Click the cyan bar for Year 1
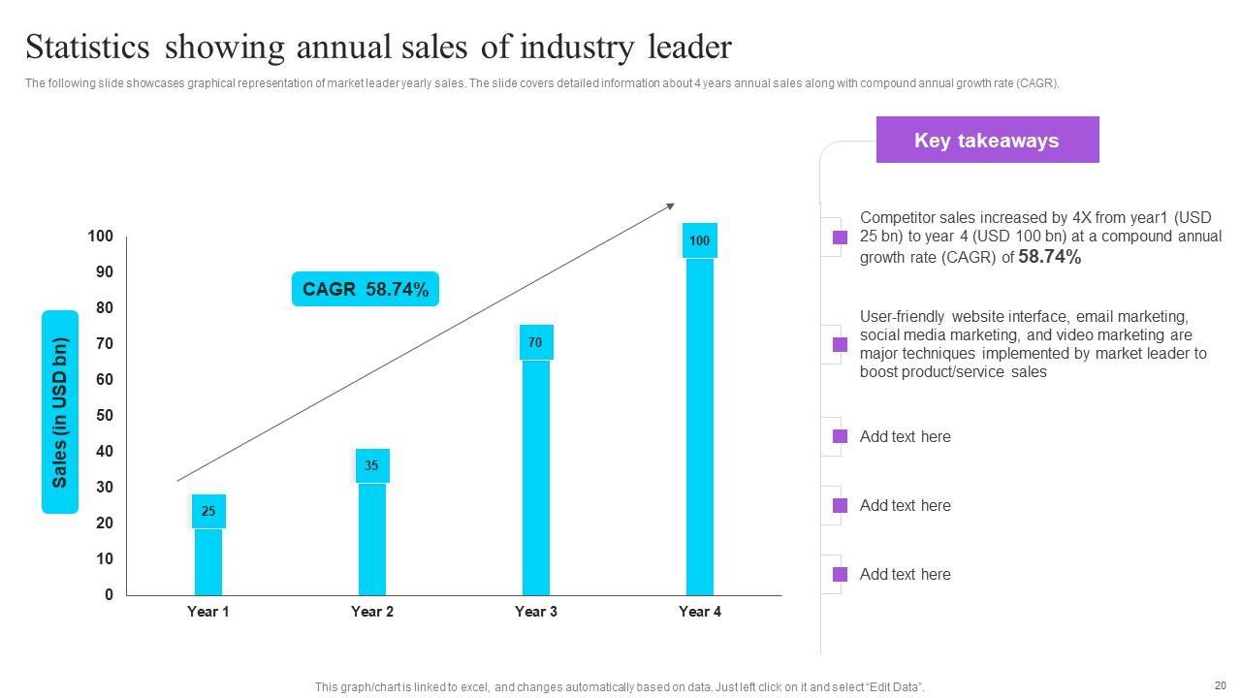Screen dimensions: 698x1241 [208, 561]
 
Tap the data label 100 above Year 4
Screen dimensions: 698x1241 [699, 240]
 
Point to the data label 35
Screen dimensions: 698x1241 [371, 465]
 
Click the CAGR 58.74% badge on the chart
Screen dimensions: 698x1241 [366, 289]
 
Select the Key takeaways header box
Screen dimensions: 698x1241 [987, 141]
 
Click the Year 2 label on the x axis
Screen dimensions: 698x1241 [372, 612]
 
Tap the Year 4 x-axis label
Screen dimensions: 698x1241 [700, 612]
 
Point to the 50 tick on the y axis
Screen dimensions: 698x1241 [103, 416]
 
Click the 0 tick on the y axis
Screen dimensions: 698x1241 [110, 594]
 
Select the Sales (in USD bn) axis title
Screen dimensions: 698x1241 [60, 412]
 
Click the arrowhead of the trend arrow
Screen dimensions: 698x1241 [670, 206]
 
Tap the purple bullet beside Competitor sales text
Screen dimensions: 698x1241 [840, 238]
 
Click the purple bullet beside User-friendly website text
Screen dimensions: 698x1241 [840, 344]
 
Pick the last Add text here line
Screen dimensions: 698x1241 [905, 574]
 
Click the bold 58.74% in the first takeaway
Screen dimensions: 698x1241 [1049, 257]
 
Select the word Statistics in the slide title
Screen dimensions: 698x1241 [87, 47]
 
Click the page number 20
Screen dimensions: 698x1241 [1220, 684]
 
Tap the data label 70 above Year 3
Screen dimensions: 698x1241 [535, 342]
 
